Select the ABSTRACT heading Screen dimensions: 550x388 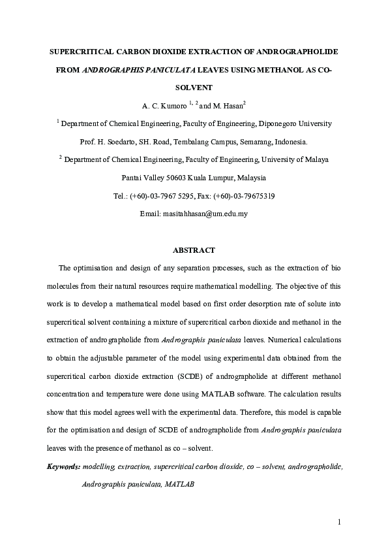194,250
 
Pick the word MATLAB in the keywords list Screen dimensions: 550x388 179,485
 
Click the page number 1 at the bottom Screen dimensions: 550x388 340,521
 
